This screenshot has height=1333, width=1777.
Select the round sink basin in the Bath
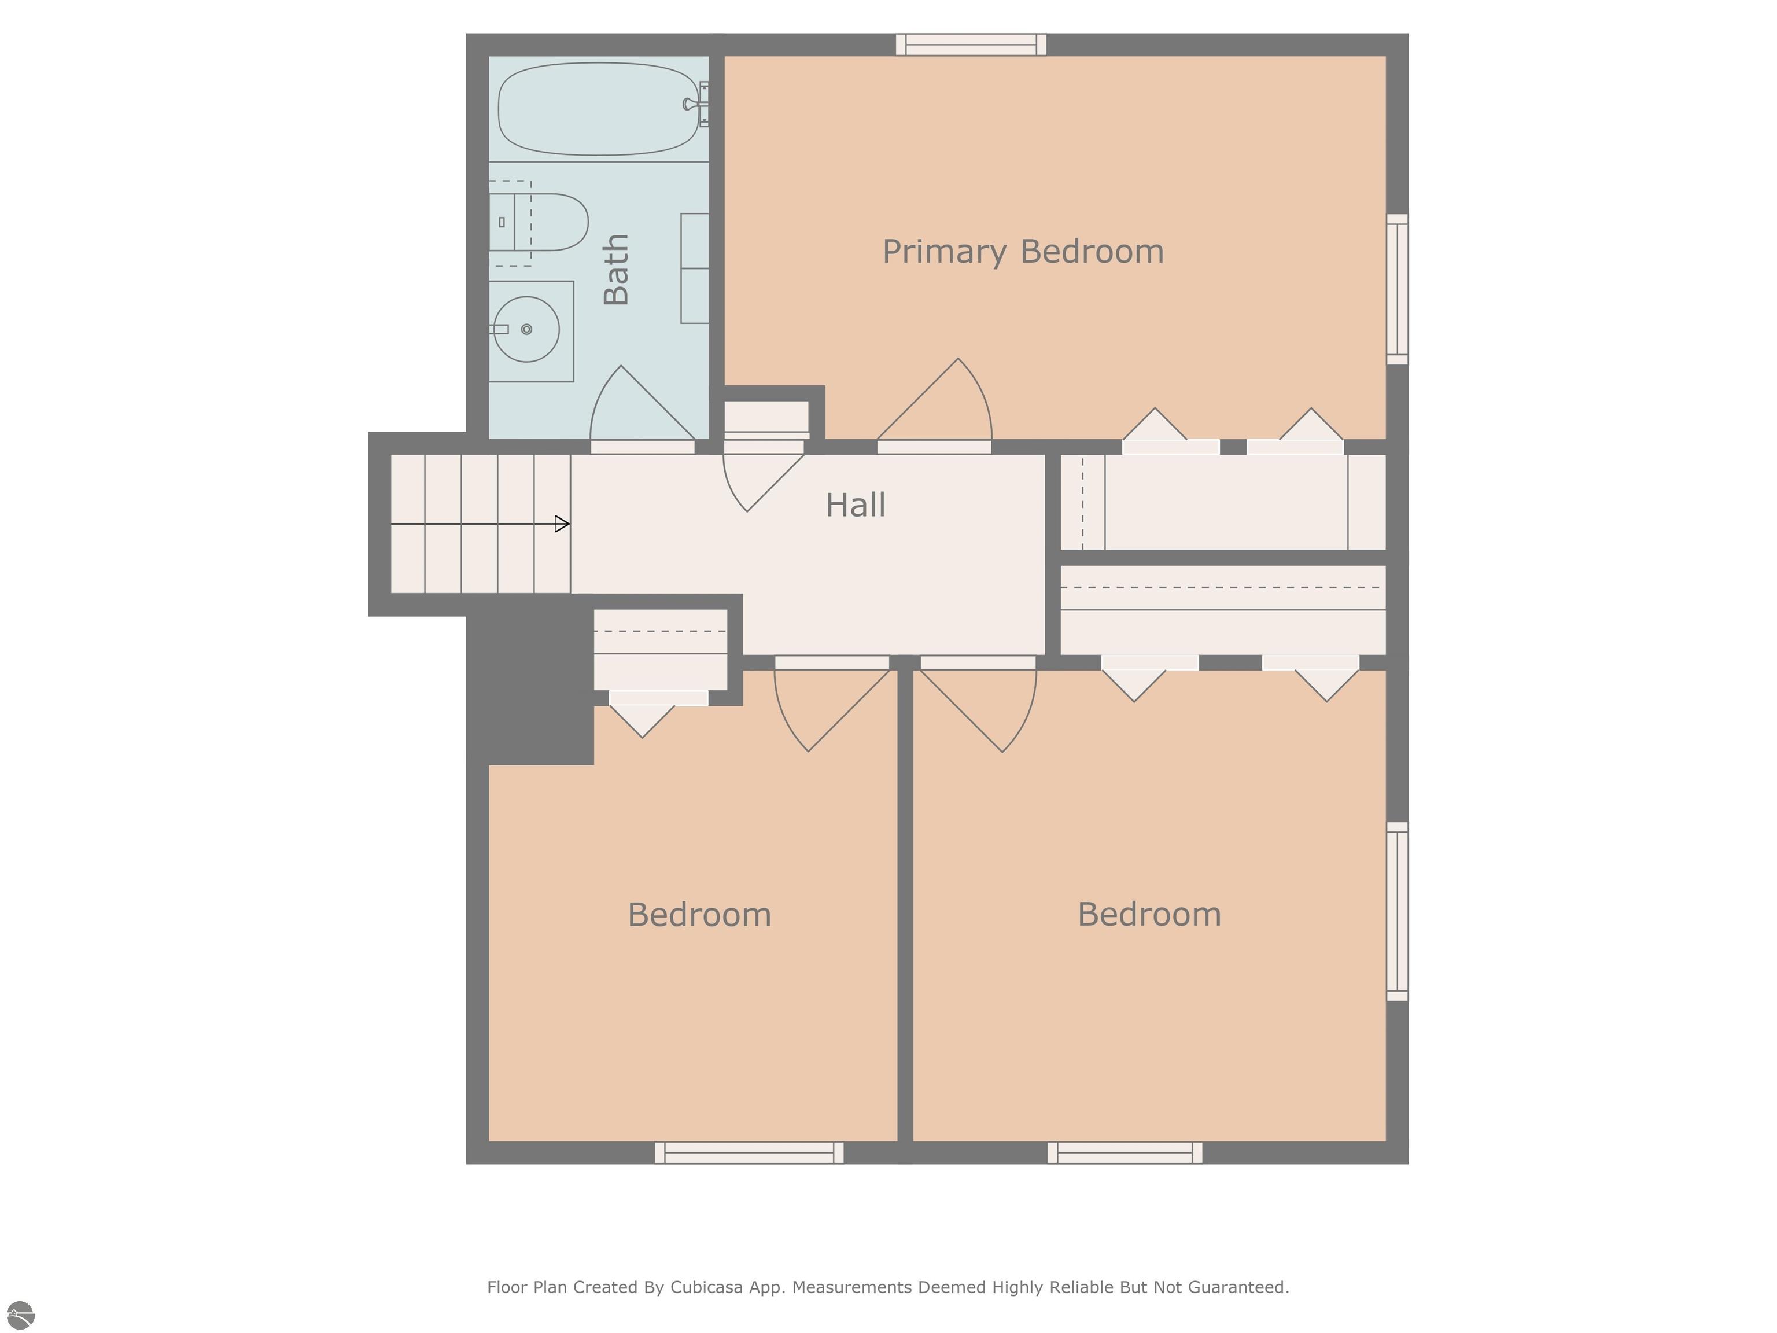click(526, 329)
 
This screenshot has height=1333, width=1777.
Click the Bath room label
click(616, 270)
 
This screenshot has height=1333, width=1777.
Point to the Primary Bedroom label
click(1023, 252)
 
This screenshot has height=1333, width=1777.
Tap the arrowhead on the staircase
click(562, 524)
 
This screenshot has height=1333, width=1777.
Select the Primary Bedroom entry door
click(940, 406)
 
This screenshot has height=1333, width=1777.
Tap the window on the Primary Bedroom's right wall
click(1397, 289)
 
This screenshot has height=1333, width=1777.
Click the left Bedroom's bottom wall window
click(749, 1152)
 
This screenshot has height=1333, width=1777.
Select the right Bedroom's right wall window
click(1397, 911)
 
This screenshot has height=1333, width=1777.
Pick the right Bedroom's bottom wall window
click(1125, 1152)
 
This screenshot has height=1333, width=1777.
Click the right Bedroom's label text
click(1149, 914)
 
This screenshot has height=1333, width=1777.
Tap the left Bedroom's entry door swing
click(827, 707)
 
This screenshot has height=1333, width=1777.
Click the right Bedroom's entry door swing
click(984, 707)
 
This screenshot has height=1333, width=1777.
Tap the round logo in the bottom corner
click(21, 1315)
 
